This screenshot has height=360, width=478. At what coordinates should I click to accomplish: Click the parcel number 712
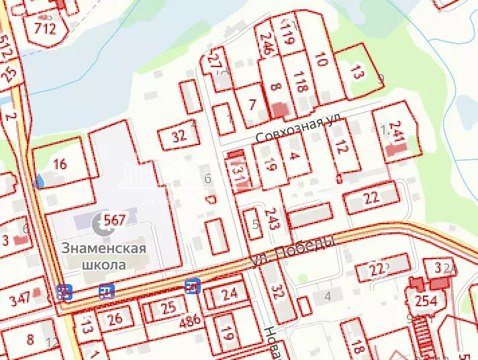pyautogui.click(x=45, y=28)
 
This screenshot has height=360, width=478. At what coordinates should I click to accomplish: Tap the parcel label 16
pyautogui.click(x=60, y=164)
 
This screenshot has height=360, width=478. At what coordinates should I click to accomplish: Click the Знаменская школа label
pyautogui.click(x=104, y=256)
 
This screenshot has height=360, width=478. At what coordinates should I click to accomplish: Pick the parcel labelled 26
pyautogui.click(x=115, y=318)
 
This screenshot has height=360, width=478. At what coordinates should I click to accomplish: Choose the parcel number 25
pyautogui.click(x=169, y=308)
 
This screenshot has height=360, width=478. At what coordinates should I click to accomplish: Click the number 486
pyautogui.click(x=191, y=321)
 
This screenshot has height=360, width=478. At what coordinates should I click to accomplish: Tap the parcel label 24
pyautogui.click(x=230, y=294)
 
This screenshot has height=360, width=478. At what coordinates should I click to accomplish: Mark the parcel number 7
pyautogui.click(x=252, y=105)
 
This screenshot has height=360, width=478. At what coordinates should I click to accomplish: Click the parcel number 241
pyautogui.click(x=397, y=132)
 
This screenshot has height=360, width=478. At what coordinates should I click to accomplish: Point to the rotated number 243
pyautogui.click(x=273, y=219)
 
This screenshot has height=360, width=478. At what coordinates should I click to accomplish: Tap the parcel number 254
pyautogui.click(x=426, y=300)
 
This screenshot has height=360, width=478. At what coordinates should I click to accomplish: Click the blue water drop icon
pyautogui.click(x=40, y=181)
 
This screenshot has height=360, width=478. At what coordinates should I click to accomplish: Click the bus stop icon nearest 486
pyautogui.click(x=192, y=287)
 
